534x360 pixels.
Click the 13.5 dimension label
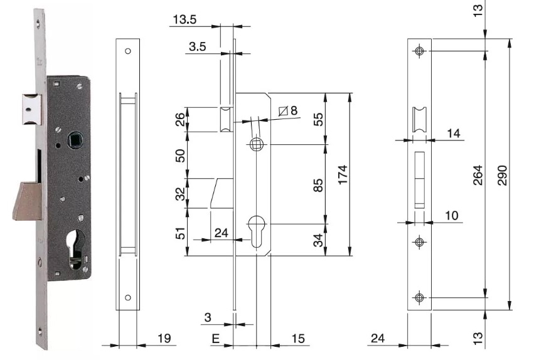[184, 19]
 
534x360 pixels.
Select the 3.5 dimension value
[198, 46]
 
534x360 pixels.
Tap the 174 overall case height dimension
[343, 174]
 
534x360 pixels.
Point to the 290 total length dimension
[503, 175]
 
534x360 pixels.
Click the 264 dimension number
[479, 175]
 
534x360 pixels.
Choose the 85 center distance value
[318, 186]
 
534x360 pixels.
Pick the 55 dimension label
[318, 119]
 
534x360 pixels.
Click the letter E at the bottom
[216, 339]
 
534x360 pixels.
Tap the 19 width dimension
[164, 338]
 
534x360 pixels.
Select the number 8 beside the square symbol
[294, 110]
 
